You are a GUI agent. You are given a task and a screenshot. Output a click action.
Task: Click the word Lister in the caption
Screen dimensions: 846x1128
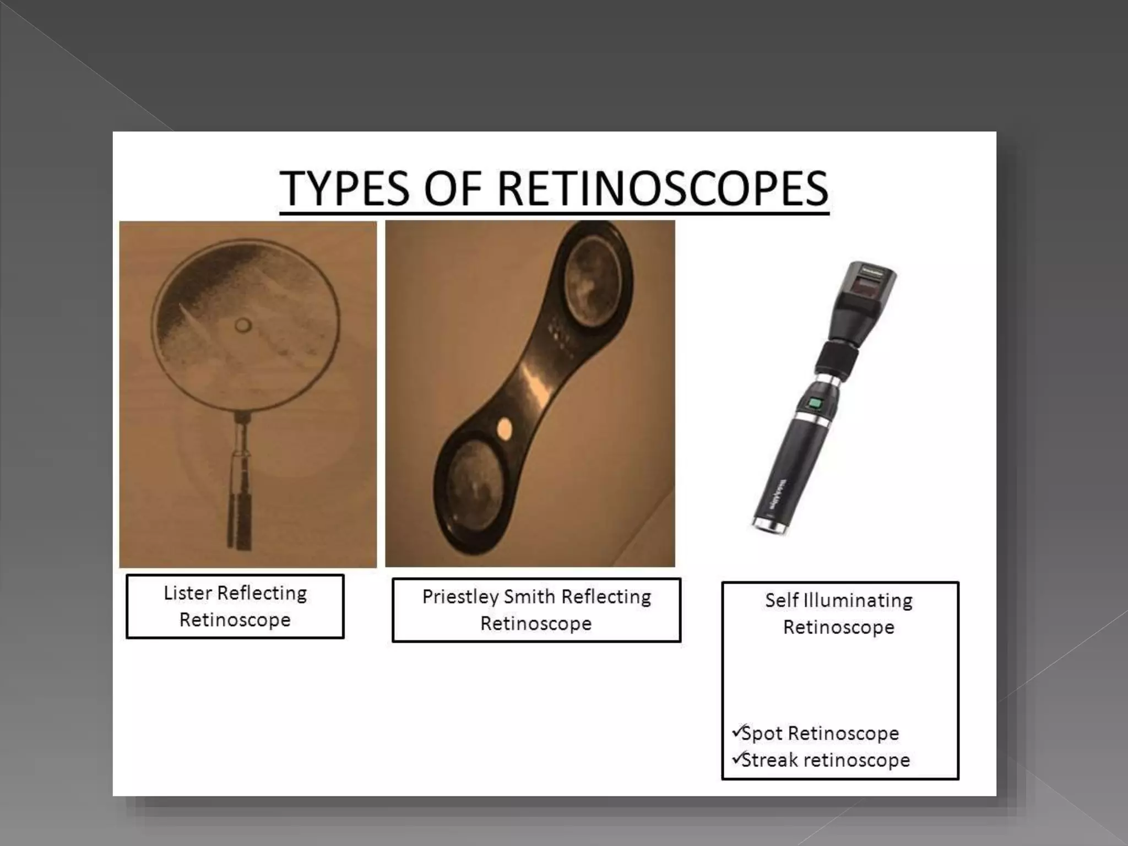[x=188, y=593]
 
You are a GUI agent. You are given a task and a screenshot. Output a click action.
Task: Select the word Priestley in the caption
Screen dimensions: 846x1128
[x=460, y=597]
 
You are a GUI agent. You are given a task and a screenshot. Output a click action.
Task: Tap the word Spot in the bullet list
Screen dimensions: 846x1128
[x=762, y=733]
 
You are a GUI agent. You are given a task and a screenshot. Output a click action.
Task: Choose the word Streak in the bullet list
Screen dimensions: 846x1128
[x=769, y=760]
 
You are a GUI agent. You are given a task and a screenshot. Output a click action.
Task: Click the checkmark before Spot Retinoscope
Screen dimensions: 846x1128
[x=737, y=731]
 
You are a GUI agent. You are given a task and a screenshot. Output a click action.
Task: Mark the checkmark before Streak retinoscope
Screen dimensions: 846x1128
[x=737, y=758]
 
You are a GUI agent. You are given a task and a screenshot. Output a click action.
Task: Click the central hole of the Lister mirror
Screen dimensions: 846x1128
[x=242, y=326]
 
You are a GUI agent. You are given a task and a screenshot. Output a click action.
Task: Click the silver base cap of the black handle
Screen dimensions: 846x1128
[x=769, y=527]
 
